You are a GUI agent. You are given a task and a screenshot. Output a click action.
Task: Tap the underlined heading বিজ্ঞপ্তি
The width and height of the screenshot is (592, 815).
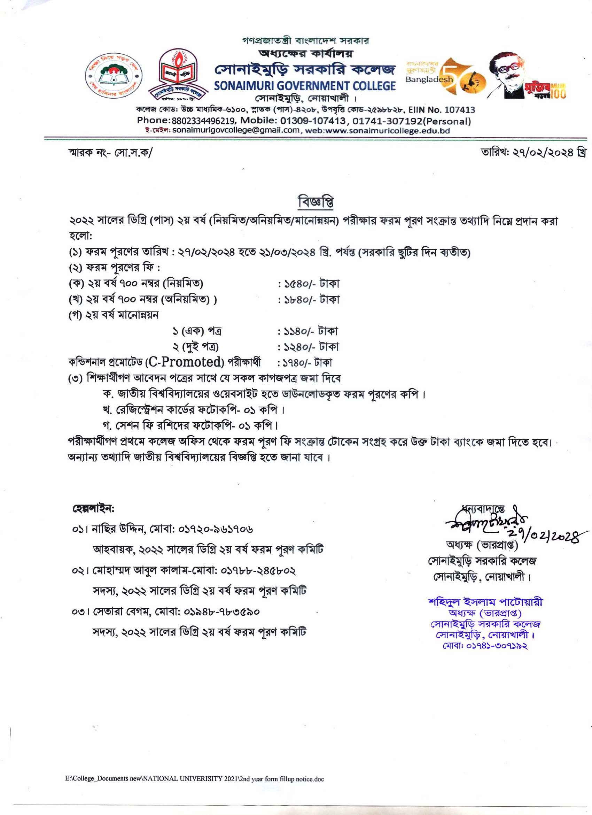[x=316, y=202]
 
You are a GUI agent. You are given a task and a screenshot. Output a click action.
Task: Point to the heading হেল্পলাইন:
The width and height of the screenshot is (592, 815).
[x=93, y=509]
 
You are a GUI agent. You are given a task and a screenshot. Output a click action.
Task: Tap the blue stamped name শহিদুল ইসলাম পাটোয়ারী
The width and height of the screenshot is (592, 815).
[x=485, y=602]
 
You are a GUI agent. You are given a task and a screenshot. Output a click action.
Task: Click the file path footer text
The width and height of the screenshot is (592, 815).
[x=194, y=779]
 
